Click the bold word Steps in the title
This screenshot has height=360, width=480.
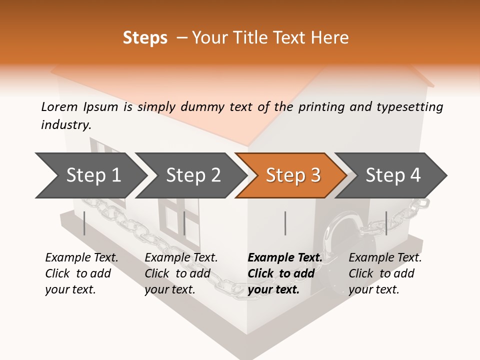coord(145,38)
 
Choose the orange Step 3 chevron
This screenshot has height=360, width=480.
coord(292,175)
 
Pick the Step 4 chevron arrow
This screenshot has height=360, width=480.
coord(393,175)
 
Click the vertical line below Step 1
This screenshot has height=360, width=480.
coord(84,223)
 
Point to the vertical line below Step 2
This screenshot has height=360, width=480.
coord(184,223)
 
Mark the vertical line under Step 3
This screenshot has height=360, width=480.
coord(285,223)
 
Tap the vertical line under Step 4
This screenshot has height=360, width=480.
coord(386,223)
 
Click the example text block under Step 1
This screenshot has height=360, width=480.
coord(81,273)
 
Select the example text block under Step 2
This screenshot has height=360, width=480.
coord(181,273)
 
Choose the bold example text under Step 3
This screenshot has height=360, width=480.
coord(285,273)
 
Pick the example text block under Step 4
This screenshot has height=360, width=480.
coord(385,273)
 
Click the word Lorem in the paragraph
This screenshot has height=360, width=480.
coord(59,106)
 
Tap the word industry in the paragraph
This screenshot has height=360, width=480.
coord(65,125)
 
